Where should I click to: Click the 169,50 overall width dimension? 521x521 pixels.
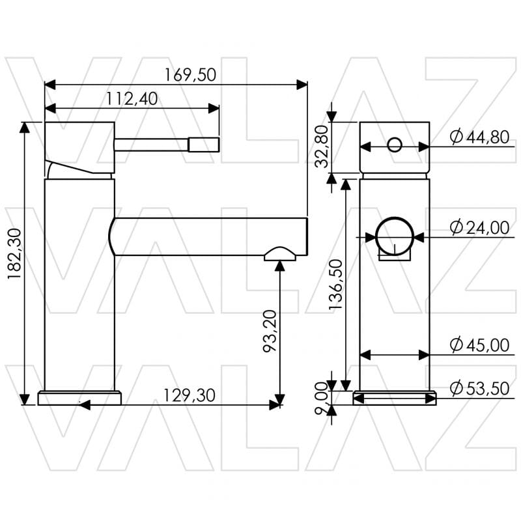pos(190,75)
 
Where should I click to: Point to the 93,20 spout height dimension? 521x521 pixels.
pos(270,331)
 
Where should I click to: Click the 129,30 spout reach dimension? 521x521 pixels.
pos(190,395)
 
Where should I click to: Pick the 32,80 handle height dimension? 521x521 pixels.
pos(322,147)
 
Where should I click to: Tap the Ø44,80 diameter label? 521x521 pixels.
pos(479,137)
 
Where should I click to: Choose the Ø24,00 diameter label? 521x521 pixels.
pos(479,227)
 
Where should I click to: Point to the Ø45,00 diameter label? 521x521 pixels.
pos(479,345)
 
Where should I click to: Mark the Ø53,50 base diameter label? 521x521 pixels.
pos(479,389)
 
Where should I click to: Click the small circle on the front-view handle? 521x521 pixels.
pos(395,145)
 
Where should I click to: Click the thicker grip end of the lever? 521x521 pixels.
pos(203,144)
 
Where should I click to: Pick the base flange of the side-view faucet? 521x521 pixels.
pos(79,398)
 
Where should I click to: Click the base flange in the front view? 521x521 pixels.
pos(395,398)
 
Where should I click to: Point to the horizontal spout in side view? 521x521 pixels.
pos(208,236)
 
